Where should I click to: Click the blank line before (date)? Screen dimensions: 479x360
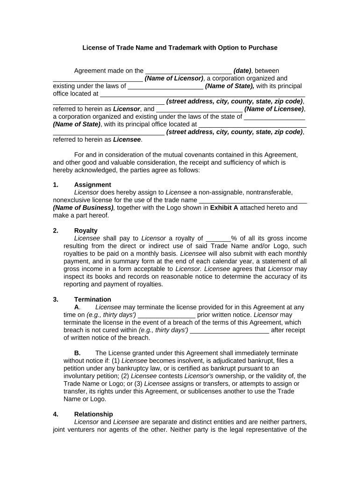(188, 71)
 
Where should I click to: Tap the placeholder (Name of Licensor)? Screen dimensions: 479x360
(174, 79)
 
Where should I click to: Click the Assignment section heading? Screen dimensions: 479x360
(93, 185)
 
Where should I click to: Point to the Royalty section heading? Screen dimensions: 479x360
(86, 231)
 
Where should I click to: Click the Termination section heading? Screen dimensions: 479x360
(93, 299)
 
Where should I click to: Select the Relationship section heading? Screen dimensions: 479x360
(94, 414)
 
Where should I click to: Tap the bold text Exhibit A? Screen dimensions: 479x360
(224, 208)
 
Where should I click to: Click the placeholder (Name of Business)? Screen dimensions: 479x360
(83, 208)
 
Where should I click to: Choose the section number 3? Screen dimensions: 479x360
(56, 299)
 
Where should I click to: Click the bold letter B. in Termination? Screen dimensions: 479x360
(78, 353)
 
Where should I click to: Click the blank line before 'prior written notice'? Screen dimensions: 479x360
(166, 315)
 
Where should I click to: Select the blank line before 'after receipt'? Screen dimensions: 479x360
(230, 330)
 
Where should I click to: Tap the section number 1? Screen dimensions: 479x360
(56, 185)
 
